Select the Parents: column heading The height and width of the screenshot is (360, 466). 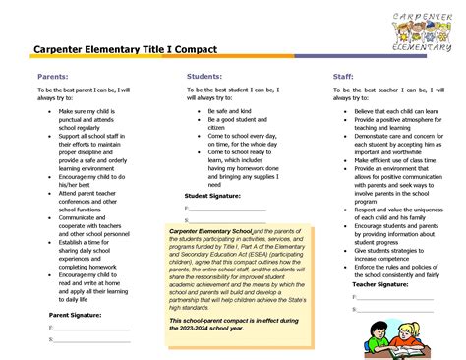[x=53, y=76]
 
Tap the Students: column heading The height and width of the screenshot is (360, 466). [x=204, y=76]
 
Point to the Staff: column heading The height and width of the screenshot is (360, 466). [x=343, y=76]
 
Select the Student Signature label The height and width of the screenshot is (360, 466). [x=212, y=196]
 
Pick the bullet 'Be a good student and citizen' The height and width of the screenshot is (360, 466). [x=232, y=125]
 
